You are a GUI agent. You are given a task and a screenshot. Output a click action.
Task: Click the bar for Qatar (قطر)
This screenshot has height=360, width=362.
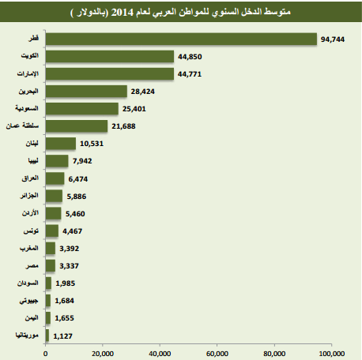point(181,39)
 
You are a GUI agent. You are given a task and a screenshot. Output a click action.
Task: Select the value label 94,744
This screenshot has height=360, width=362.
point(333,39)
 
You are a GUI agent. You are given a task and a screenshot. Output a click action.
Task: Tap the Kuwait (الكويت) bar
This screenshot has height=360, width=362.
point(110,56)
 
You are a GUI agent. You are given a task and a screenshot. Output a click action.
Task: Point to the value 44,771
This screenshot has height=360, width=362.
point(190,74)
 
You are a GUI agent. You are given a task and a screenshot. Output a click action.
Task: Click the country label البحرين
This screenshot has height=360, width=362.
point(28,92)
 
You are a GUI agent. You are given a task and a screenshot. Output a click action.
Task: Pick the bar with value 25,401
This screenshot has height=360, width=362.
point(82,108)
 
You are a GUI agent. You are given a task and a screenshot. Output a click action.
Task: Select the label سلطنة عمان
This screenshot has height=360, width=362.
point(22,126)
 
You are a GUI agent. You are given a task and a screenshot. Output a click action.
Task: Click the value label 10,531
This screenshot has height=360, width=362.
point(92,144)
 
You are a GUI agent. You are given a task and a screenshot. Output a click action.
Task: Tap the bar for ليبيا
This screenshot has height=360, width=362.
point(57,160)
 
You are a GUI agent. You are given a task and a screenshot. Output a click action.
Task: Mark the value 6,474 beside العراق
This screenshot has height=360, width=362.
point(78,179)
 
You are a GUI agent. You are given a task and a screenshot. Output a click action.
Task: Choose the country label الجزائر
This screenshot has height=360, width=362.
point(29,196)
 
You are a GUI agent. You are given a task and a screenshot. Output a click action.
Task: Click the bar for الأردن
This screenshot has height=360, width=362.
point(53,212)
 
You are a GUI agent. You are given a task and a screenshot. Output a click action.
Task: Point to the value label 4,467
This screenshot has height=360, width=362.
point(72,231)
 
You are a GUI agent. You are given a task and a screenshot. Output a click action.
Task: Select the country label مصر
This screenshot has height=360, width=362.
point(32,265)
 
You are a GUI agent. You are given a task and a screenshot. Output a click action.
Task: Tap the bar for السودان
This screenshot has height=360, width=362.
point(48,283)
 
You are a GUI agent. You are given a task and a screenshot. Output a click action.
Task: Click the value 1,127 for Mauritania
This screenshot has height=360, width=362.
point(62,336)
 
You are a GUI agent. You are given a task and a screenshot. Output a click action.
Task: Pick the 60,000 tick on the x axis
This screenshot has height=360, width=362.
point(217,354)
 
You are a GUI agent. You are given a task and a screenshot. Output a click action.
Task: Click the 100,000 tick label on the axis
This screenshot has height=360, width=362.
point(332,354)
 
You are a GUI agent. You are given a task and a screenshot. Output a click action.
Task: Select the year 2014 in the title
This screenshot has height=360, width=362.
point(122,13)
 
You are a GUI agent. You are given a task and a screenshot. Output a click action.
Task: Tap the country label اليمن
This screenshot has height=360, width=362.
point(32,317)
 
